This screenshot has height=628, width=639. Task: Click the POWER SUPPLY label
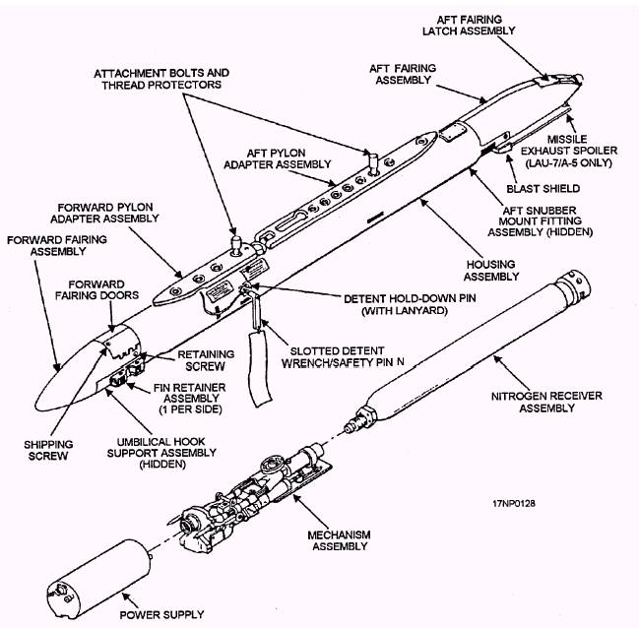pyautogui.click(x=162, y=615)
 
